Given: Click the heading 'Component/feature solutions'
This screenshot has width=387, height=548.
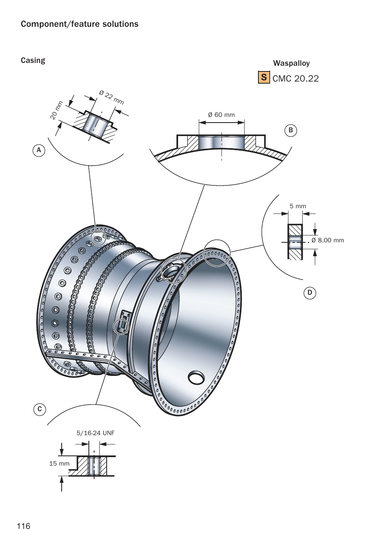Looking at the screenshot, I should pos(80,24).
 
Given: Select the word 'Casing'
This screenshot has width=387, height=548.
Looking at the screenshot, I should pos(33,60).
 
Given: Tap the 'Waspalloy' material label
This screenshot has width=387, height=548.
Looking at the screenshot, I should pos(291,63).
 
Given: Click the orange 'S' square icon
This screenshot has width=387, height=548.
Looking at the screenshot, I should pos(264,77).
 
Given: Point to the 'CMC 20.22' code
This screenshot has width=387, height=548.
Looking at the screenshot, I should pos(295,78).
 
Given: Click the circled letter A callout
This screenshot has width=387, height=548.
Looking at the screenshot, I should pos(39,150).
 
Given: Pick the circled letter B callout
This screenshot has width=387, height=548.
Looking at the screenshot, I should pos(290,130).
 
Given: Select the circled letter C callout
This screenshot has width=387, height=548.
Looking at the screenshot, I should pos(39,409).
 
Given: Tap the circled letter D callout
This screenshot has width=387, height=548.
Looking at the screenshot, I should pos(310,293).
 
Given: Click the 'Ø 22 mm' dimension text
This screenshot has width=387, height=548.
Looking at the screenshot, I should pos(112,97).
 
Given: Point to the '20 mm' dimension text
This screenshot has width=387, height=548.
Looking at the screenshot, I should pos(57,110).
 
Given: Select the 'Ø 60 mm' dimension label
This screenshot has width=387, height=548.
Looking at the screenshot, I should pos(221,115).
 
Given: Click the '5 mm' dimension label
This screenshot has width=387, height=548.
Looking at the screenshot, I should pos(298,206).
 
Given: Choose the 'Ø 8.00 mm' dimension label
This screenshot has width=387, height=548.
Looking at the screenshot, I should pos(327,240).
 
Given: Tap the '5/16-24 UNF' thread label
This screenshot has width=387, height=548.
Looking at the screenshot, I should pos(95,433).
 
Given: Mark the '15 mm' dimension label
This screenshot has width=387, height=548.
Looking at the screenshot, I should pos(59,464).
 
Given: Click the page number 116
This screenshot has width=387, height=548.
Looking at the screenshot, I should pos(24,526).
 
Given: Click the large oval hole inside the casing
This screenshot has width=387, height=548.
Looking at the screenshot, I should pos(196,378).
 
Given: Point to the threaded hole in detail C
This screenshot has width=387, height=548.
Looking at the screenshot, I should pos(94,466).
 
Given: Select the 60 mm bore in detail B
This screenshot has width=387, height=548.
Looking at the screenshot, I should pos(221,142).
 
